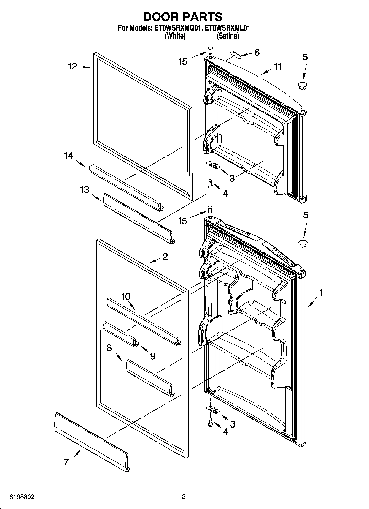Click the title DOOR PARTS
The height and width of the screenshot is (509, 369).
coord(183,17)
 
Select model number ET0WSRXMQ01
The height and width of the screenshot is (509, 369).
coord(175,28)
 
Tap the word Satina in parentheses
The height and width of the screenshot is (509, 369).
coord(228,36)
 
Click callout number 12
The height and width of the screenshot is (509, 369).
coord(73,67)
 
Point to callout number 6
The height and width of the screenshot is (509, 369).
coord(257,52)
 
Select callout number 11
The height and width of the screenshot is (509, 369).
coord(278,67)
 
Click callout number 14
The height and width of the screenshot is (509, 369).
coord(69,156)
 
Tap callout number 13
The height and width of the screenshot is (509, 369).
coord(85,190)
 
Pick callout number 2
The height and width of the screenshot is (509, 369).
coord(165,257)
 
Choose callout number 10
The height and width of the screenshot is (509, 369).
coord(125,296)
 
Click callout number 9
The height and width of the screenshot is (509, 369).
coord(153,356)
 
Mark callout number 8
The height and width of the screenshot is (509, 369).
coord(109,348)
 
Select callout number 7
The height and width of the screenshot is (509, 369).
coord(66,462)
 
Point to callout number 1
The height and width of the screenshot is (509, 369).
coord(321,293)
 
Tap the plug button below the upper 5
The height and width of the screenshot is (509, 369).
coord(303,85)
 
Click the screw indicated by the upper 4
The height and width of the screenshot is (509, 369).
coord(210,184)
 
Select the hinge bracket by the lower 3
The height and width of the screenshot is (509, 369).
coord(213,409)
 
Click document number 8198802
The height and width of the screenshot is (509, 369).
coord(22,497)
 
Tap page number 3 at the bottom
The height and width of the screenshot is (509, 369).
coord(184,497)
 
